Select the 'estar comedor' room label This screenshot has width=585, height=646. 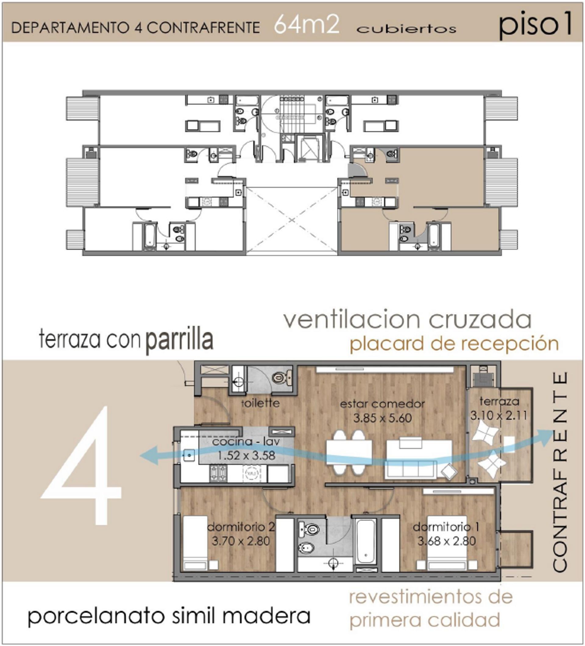[x=382, y=404]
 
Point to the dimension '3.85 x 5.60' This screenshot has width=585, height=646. [x=382, y=418]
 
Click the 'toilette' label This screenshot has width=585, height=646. [x=260, y=403]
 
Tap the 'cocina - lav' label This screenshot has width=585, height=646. [x=246, y=442]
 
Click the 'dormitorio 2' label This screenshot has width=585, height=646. [x=241, y=527]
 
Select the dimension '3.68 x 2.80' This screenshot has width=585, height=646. [x=447, y=541]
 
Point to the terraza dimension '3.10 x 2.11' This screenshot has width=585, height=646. [x=498, y=416]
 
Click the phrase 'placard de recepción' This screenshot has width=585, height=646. [x=454, y=344]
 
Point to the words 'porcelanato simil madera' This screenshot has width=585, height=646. [x=169, y=616]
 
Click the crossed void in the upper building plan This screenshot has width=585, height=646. [x=292, y=220]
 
